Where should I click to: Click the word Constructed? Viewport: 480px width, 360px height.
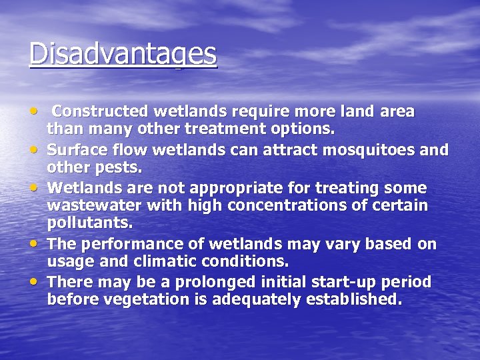pyautogui.click(x=101, y=111)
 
